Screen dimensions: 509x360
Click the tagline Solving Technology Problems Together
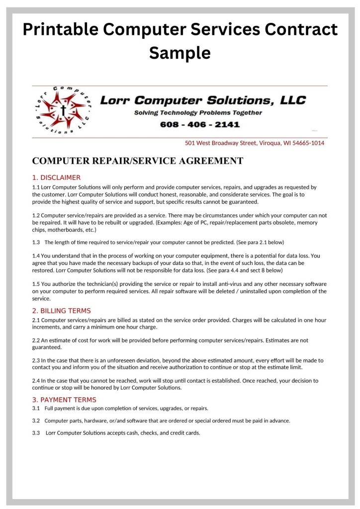click(198, 113)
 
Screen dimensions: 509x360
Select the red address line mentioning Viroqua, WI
click(254, 143)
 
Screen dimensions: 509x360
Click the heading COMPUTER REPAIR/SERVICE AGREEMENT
click(137, 161)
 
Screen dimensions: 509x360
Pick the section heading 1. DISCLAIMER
click(56, 177)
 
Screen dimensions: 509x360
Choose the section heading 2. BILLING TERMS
click(61, 311)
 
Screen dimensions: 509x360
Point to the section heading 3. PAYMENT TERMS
click(64, 400)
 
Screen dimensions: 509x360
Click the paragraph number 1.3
click(36, 242)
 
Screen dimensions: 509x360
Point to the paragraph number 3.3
click(36, 433)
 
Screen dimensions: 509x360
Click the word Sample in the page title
click(180, 52)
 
